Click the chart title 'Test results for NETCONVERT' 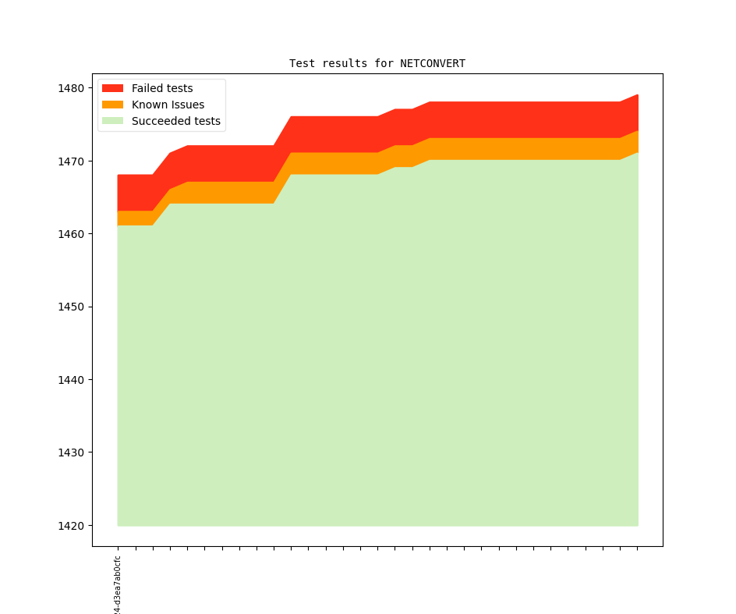point(377,63)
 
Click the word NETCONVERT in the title point(433,63)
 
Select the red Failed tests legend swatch point(112,88)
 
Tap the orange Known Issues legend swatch point(112,105)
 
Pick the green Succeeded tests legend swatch point(112,121)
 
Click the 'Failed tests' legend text point(162,88)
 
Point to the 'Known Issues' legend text point(168,105)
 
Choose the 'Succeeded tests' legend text point(175,121)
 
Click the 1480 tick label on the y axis point(71,88)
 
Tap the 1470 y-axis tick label point(71,161)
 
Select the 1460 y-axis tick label point(71,234)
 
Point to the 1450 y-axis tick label point(71,307)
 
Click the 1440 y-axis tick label point(71,380)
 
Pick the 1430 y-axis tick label point(71,453)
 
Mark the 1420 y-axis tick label point(71,526)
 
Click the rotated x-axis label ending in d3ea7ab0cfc point(118,585)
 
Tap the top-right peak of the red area point(638,95)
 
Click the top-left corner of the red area point(119,176)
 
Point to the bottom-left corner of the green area point(119,525)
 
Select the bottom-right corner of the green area point(638,525)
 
